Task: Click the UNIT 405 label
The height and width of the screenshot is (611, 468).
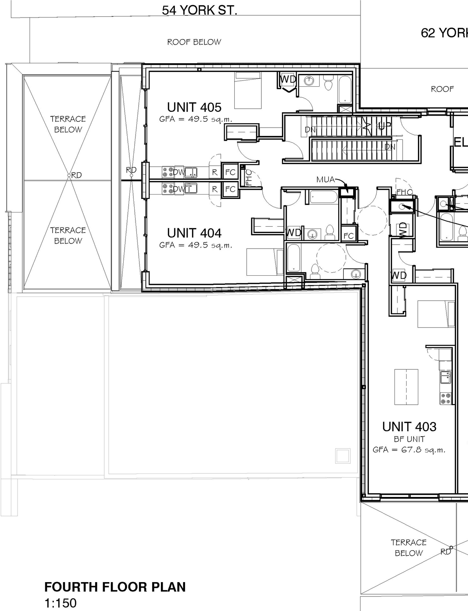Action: click(x=194, y=108)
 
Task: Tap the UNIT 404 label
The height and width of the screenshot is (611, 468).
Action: click(x=194, y=233)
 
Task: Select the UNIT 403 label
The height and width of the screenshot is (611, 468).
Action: click(x=409, y=427)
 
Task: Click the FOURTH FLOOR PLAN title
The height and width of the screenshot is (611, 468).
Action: click(x=115, y=587)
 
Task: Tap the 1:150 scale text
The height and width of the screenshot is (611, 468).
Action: click(x=60, y=603)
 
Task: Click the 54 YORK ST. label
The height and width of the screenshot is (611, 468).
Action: click(x=199, y=10)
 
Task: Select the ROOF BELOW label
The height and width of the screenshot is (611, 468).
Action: click(x=194, y=42)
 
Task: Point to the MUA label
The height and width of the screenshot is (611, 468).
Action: click(x=325, y=180)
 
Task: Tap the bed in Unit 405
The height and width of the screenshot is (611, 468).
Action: click(x=248, y=90)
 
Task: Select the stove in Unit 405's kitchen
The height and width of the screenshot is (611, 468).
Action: click(x=168, y=172)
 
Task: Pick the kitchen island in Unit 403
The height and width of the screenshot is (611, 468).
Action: click(x=406, y=386)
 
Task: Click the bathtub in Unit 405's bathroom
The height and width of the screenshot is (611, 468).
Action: click(x=344, y=90)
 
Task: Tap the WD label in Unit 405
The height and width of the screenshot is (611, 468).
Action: click(x=288, y=79)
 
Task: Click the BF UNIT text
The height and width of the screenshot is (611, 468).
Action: click(x=409, y=439)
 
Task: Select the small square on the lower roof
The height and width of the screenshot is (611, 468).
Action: click(x=343, y=456)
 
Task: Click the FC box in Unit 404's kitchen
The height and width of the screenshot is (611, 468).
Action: click(x=230, y=189)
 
